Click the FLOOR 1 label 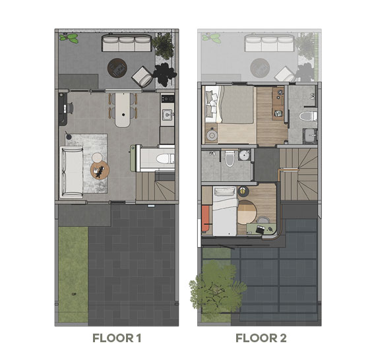(117, 339)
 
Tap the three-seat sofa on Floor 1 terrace (125, 44)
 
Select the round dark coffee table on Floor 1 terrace (118, 65)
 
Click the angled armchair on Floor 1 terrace (142, 77)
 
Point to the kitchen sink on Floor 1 (166, 117)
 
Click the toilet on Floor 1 (166, 158)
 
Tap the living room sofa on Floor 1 (71, 169)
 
